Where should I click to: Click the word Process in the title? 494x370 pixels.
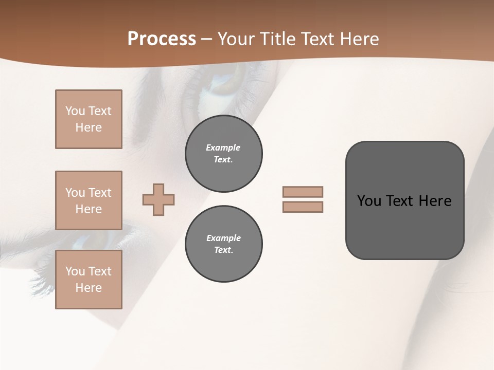click(x=162, y=39)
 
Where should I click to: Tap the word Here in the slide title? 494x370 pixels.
click(x=359, y=39)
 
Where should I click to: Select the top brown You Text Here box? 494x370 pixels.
click(x=89, y=119)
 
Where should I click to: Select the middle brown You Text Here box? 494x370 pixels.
click(x=89, y=200)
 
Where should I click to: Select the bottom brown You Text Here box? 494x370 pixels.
click(x=89, y=280)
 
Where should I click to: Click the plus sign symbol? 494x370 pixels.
click(x=158, y=199)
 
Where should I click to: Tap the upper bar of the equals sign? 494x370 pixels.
click(x=303, y=192)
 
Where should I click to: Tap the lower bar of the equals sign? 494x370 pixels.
click(x=303, y=207)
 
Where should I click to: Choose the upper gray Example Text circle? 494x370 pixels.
click(x=223, y=154)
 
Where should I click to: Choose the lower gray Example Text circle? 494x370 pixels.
click(x=223, y=244)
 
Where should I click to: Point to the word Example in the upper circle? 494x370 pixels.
click(x=223, y=147)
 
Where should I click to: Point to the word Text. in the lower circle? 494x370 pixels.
click(x=223, y=250)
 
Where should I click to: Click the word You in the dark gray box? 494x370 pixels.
click(x=369, y=201)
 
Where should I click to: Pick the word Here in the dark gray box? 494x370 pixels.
click(x=435, y=201)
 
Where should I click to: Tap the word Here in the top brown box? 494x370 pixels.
click(x=89, y=127)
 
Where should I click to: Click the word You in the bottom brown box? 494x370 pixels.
click(x=75, y=271)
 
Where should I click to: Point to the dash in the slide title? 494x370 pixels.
click(x=207, y=40)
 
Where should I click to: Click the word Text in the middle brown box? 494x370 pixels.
click(x=100, y=193)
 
